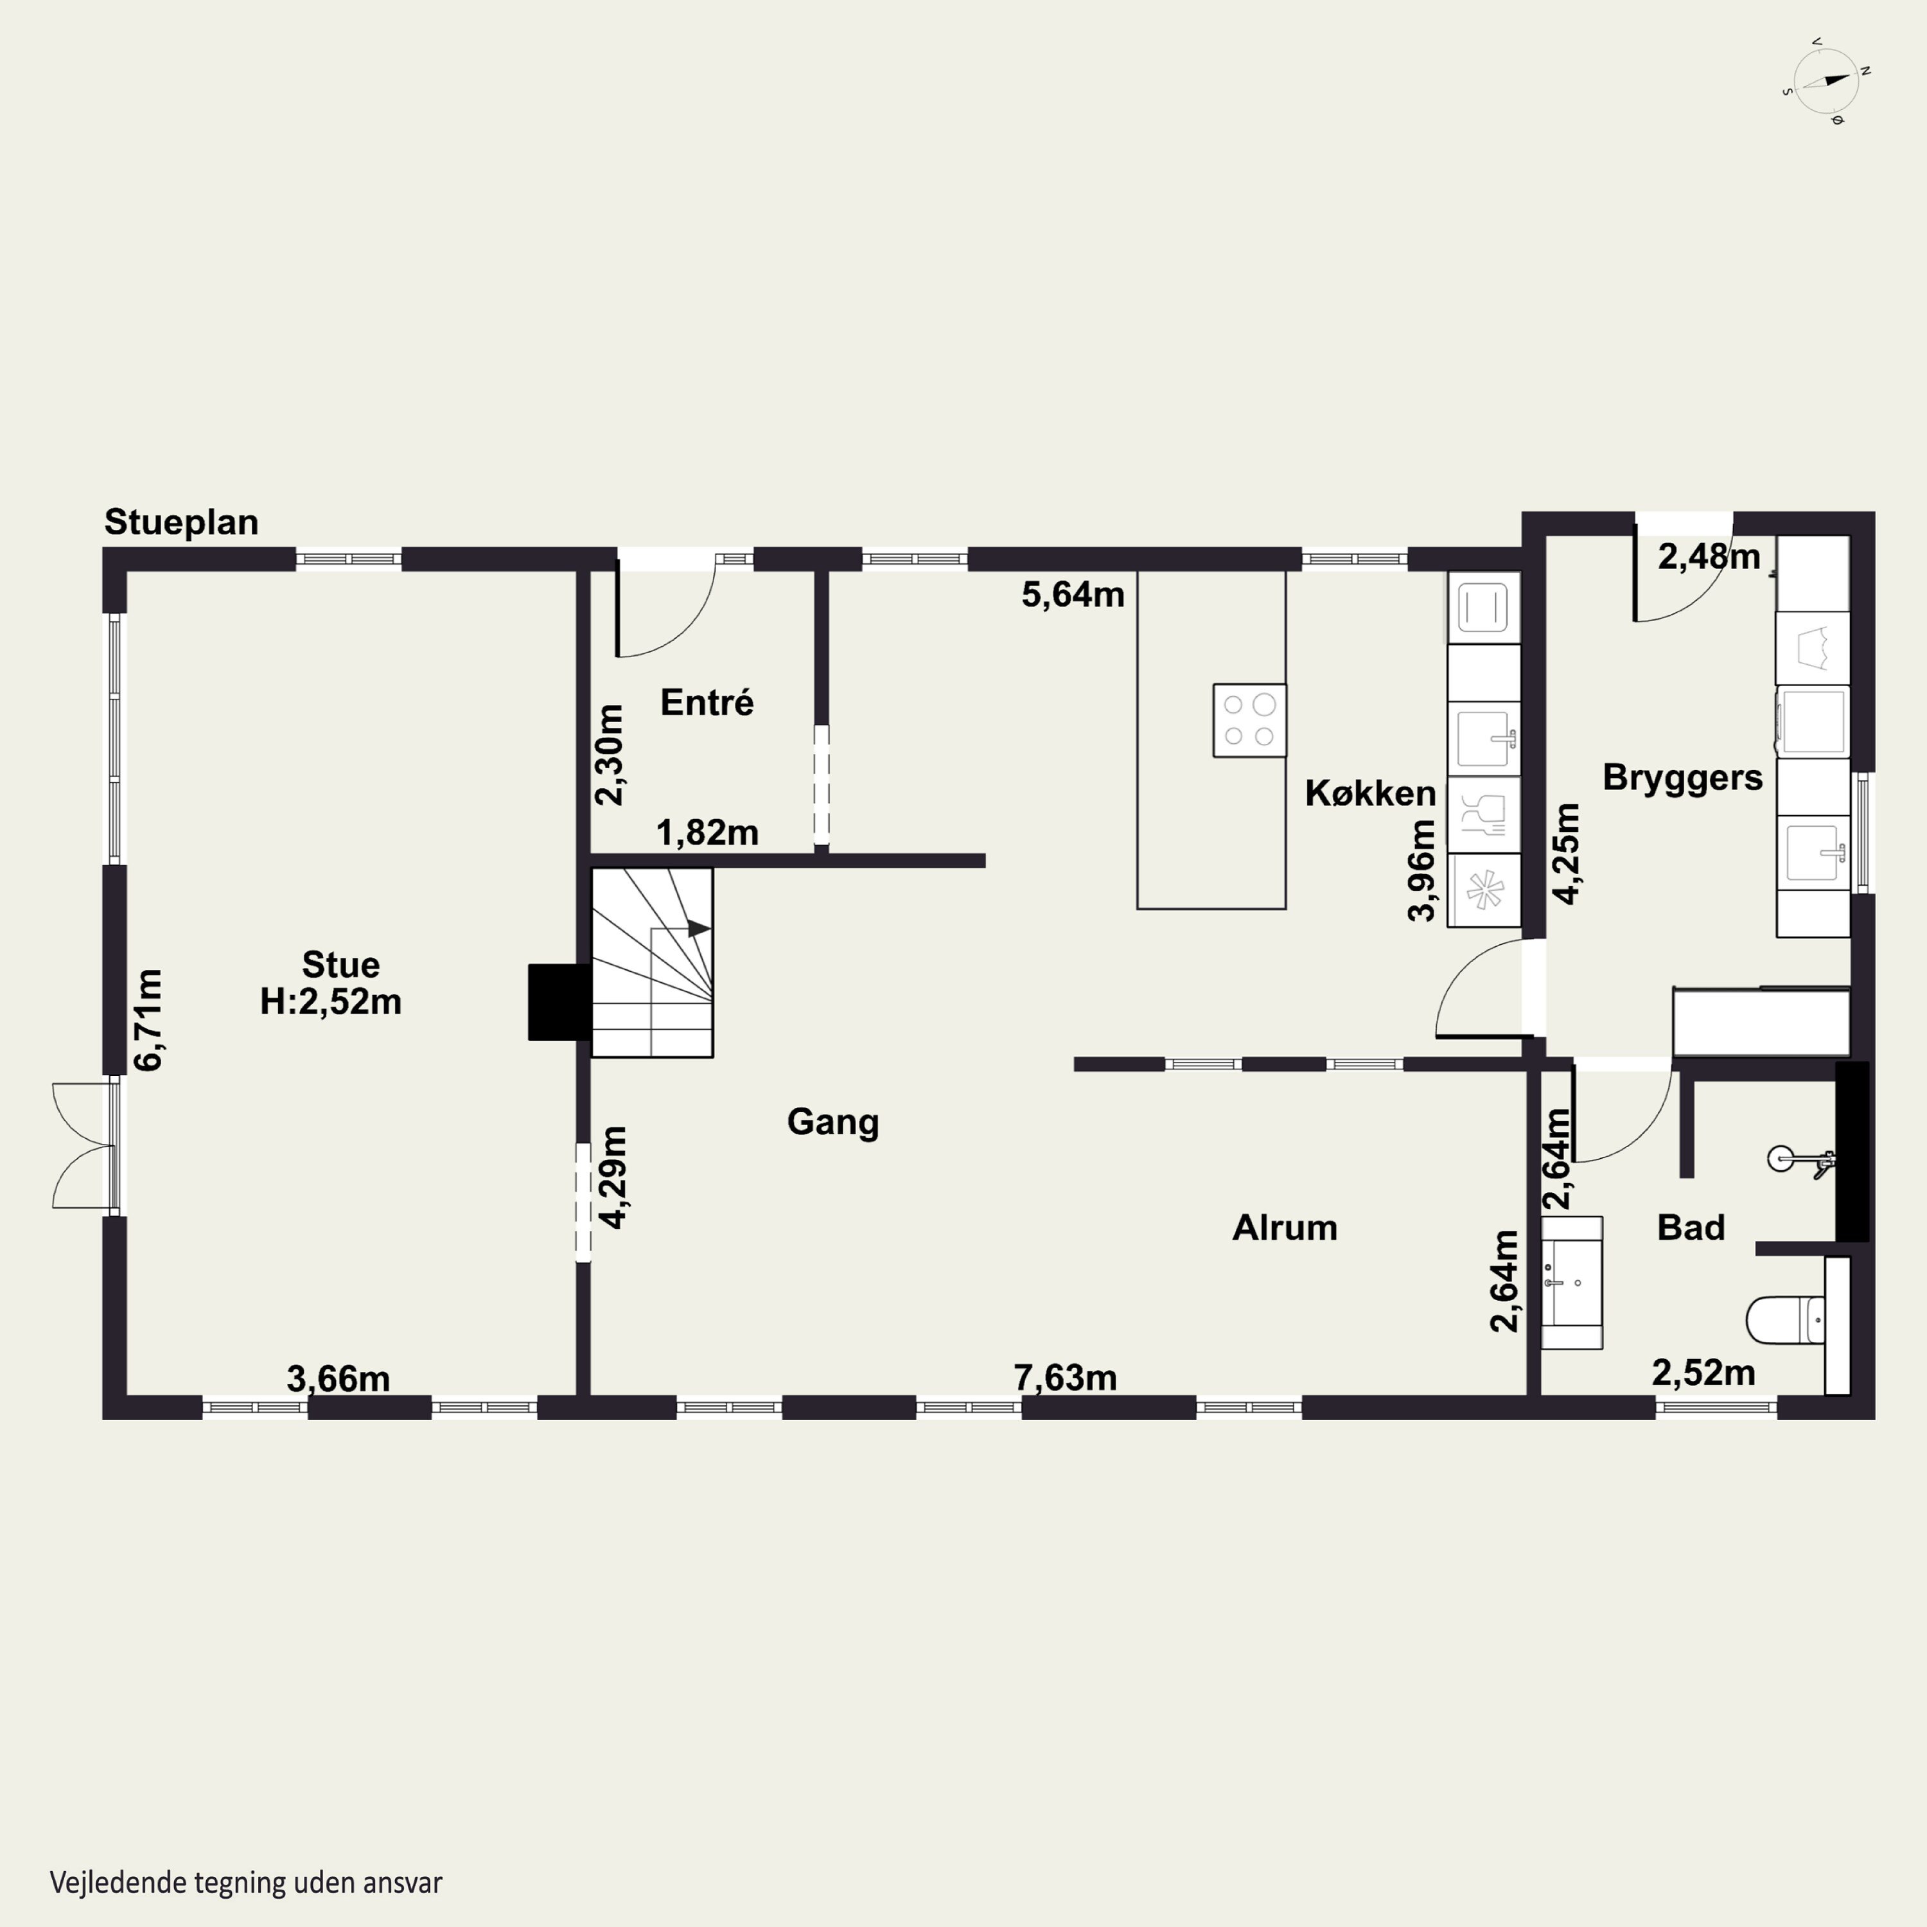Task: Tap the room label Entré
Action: point(707,702)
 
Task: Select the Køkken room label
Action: point(1371,793)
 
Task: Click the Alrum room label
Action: point(1285,1227)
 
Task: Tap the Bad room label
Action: point(1691,1227)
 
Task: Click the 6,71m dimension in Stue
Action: point(148,1019)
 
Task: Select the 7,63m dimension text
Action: point(1065,1377)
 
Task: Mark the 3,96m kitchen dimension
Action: point(1421,870)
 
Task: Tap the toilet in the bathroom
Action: point(1786,1319)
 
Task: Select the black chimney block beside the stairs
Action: point(559,1003)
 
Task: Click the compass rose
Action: point(1826,81)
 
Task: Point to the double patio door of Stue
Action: point(85,1145)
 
